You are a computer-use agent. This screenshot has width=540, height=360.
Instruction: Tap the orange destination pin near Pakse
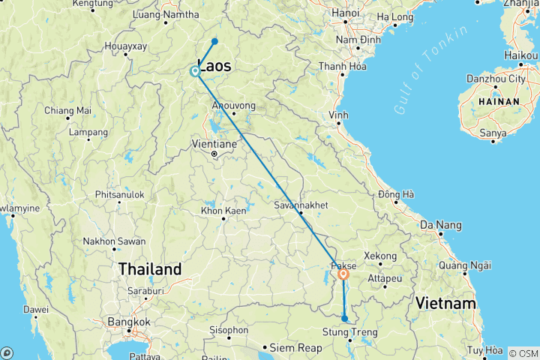pos(343,275)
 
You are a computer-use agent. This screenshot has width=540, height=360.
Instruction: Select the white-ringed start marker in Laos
pos(195,72)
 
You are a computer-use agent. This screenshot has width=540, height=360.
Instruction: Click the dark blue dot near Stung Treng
pos(344,319)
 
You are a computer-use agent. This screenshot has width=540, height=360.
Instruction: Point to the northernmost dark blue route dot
pos(214,41)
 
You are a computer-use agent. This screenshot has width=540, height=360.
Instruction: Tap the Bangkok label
pos(124,322)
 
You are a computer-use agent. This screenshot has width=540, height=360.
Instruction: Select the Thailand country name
pos(150,268)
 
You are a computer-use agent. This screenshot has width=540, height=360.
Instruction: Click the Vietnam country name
pos(448,303)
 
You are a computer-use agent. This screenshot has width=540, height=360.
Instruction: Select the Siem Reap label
pos(295,347)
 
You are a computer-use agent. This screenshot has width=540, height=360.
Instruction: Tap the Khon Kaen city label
pos(223,211)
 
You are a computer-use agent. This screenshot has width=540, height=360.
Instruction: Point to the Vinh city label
pos(338,115)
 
